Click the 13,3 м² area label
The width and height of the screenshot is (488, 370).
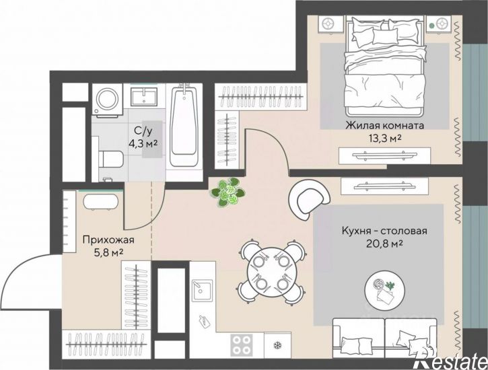[x=384, y=139]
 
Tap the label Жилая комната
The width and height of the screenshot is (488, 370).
[x=385, y=126]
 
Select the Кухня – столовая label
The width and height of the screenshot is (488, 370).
[x=384, y=231]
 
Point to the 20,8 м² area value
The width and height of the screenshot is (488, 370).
[x=384, y=244]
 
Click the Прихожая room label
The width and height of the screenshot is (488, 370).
[x=108, y=239]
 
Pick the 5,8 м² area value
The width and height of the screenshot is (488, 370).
[x=108, y=252]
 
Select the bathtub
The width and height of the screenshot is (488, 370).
[x=184, y=125]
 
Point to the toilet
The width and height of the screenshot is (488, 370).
[x=110, y=158]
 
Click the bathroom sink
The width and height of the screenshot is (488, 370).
[x=144, y=96]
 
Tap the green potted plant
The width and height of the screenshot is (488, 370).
[x=228, y=191]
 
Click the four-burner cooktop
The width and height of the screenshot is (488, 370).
[x=242, y=345]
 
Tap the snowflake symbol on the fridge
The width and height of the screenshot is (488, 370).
[x=277, y=345]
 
